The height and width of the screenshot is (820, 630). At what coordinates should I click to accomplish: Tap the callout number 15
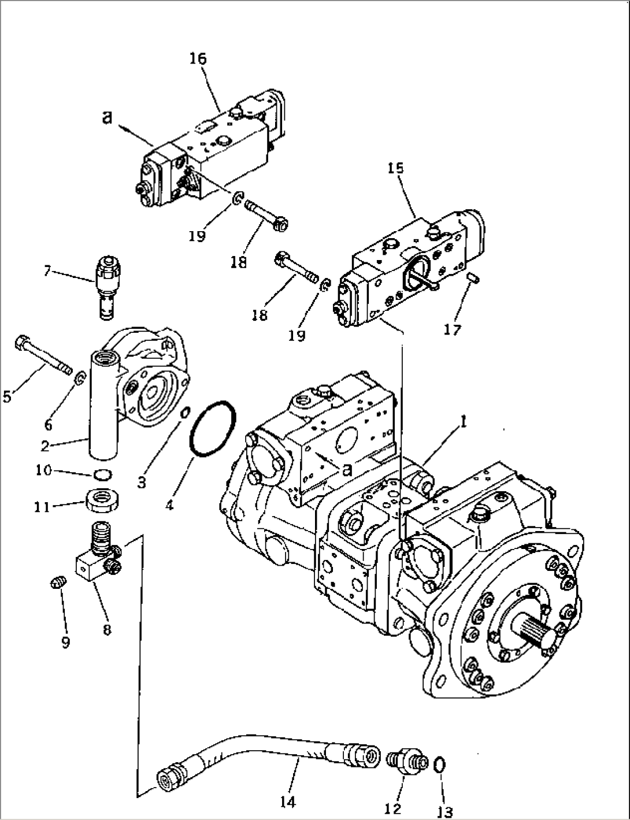[395, 168]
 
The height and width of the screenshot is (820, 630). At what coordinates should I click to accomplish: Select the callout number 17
[453, 329]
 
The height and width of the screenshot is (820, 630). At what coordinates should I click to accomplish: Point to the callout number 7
[47, 270]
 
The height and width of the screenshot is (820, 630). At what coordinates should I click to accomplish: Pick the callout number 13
[444, 810]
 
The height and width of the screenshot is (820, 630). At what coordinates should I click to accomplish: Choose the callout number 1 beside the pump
[464, 422]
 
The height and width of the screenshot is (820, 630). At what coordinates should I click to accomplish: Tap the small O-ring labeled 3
[186, 413]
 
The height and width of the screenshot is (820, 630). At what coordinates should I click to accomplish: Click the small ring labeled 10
[102, 474]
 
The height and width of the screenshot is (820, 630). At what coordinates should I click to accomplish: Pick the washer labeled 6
[80, 379]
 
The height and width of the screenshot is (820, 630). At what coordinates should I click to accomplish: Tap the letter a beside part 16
[108, 117]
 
